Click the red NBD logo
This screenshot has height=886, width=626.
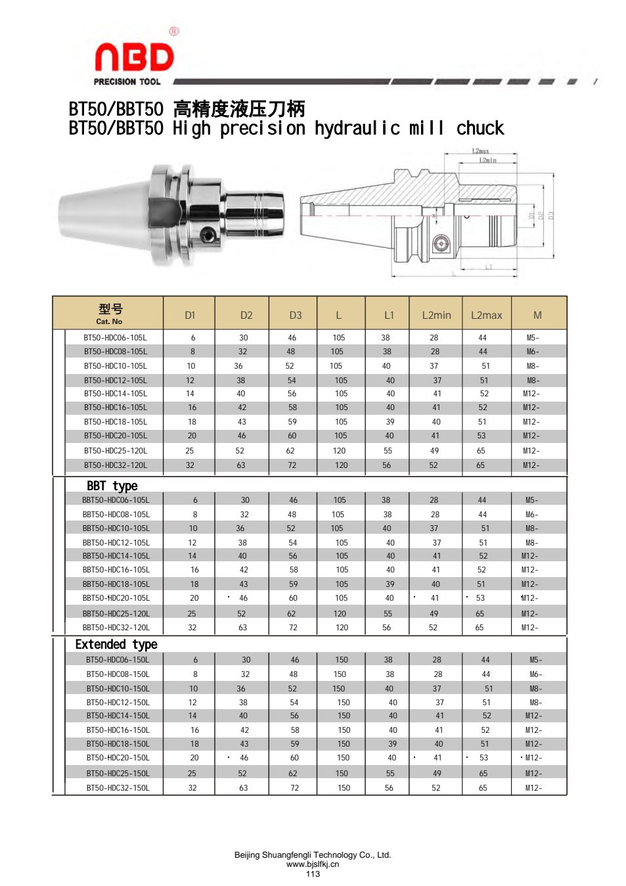[x=135, y=57]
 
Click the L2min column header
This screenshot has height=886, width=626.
[x=436, y=315]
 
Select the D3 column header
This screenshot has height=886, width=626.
[x=295, y=315]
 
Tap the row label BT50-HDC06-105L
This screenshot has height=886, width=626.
[x=115, y=338]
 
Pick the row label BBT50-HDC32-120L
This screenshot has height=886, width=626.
[x=116, y=627]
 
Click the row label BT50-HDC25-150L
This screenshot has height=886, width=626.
[x=118, y=773]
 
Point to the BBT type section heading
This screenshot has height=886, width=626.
[x=112, y=486]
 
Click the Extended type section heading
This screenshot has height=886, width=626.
[x=116, y=645]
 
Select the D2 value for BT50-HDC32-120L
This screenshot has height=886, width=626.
[x=241, y=465]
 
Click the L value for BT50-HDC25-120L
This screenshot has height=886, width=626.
[x=339, y=450]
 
